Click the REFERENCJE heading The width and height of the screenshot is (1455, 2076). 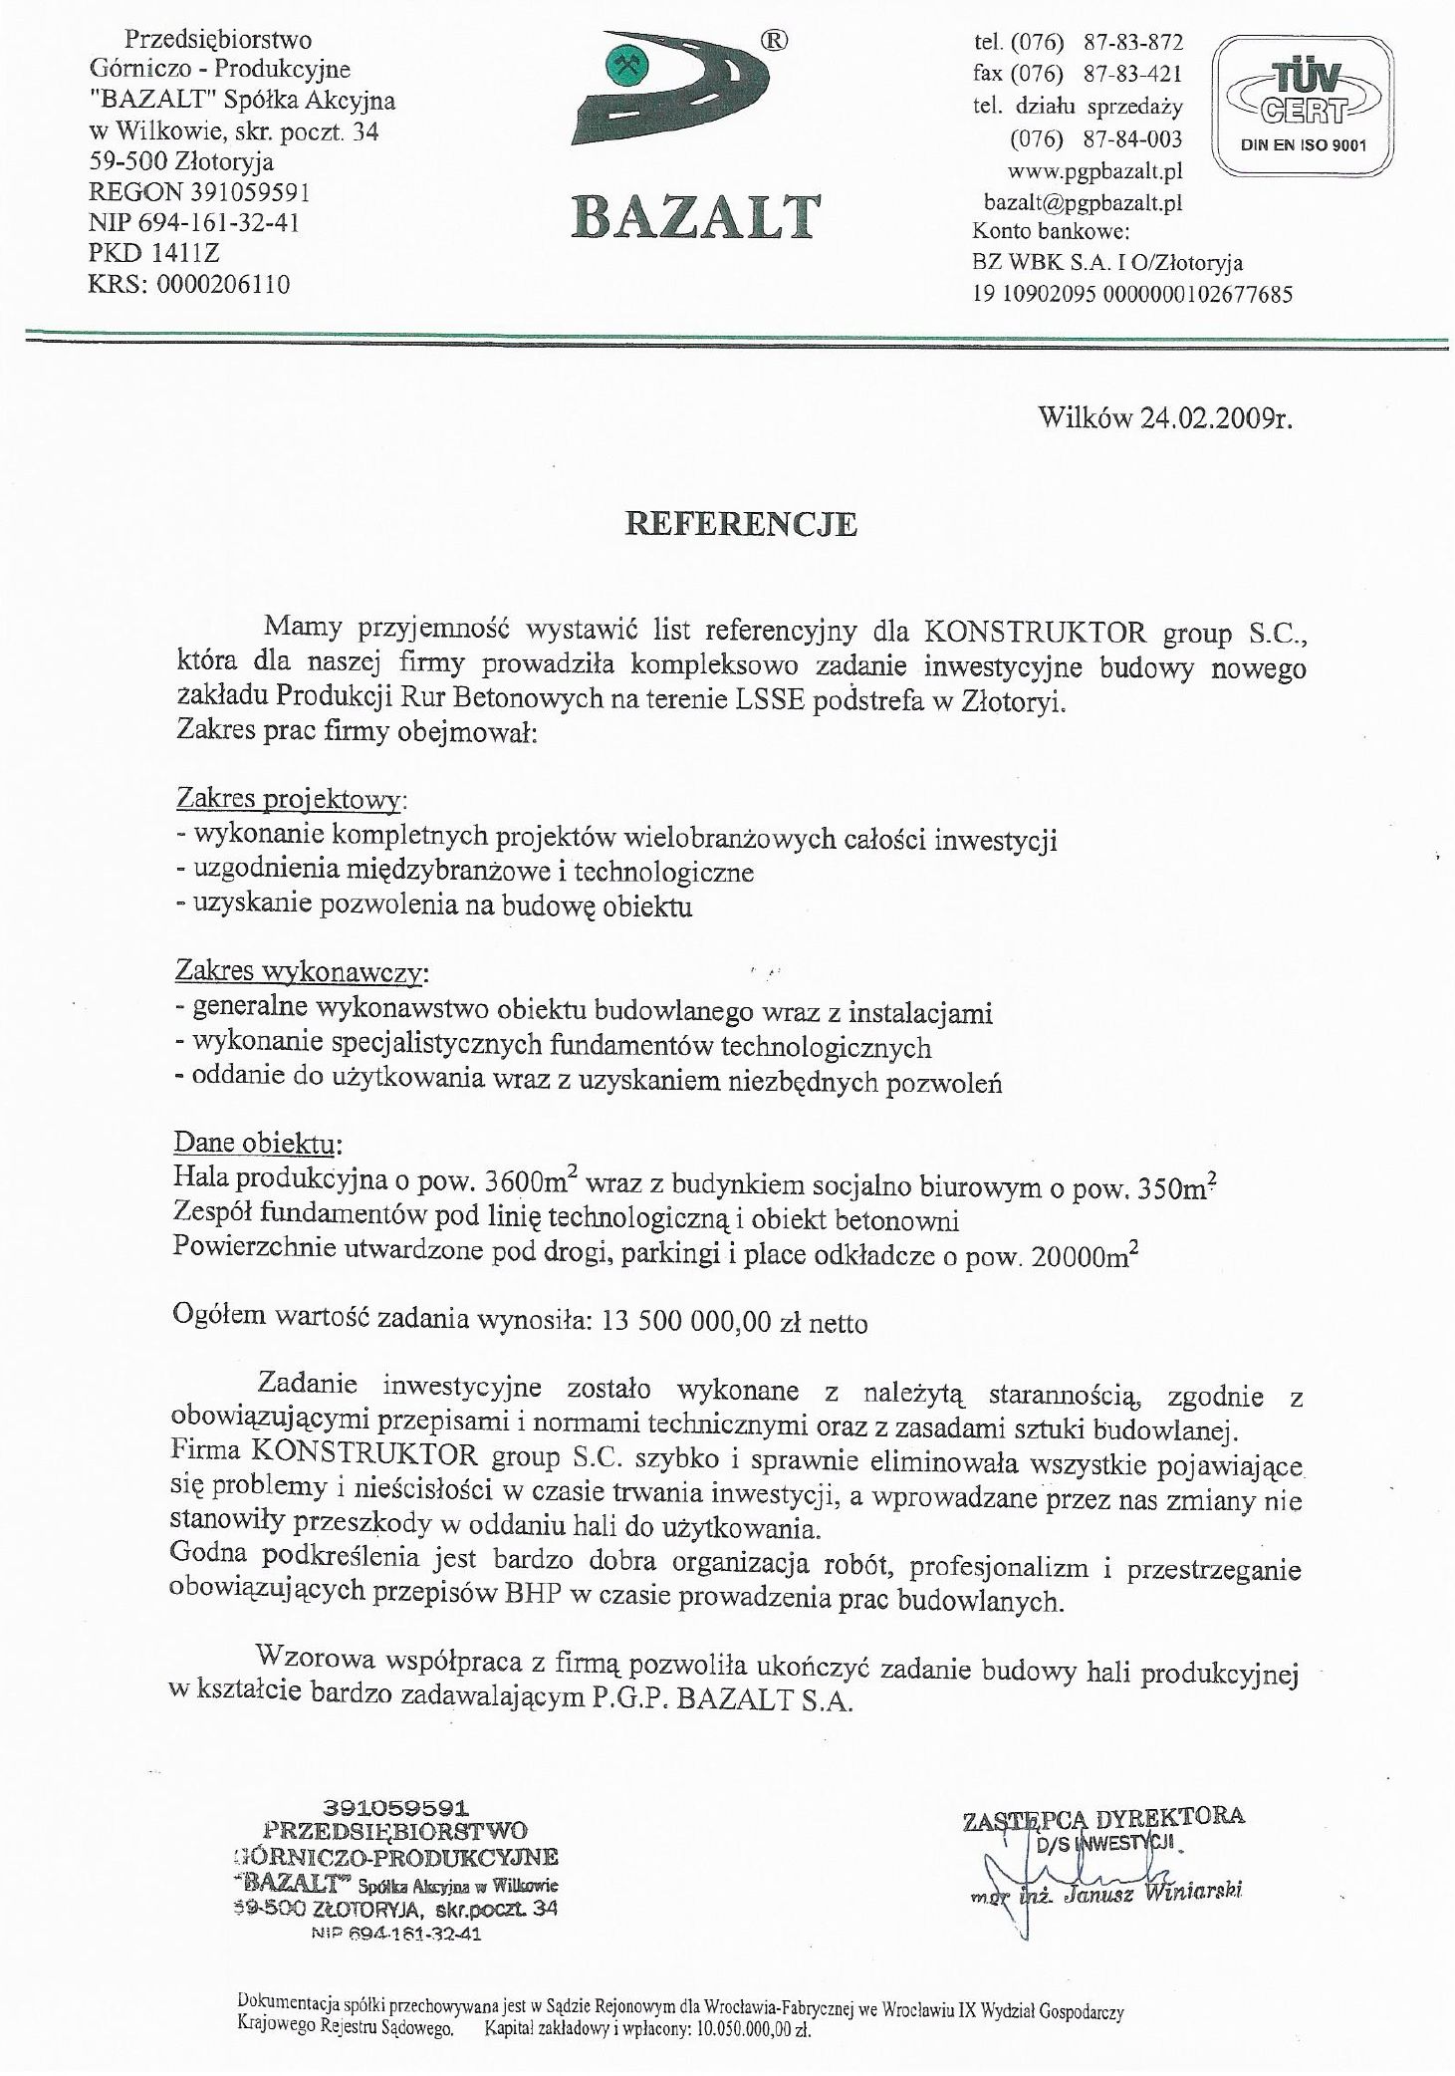(740, 524)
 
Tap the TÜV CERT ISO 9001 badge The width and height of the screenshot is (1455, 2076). (1302, 106)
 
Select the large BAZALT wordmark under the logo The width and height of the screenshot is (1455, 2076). (696, 216)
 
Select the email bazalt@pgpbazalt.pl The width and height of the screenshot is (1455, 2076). (1083, 202)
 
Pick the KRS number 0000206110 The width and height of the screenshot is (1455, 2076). (222, 285)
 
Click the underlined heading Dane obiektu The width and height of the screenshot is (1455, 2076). (260, 1140)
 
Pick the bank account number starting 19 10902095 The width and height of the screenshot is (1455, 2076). (1132, 295)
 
